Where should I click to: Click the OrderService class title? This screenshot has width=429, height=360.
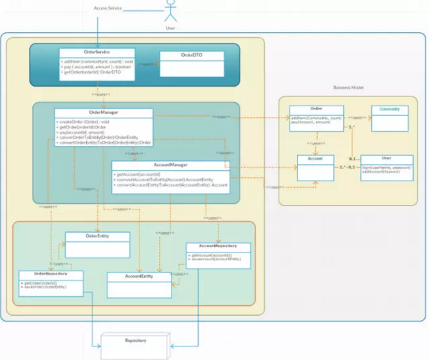click(x=97, y=51)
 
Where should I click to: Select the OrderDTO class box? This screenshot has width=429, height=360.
click(x=191, y=64)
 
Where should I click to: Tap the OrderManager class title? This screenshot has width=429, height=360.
click(x=104, y=113)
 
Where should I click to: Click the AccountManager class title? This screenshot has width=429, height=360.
click(x=170, y=165)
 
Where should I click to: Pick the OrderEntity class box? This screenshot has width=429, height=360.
click(x=97, y=245)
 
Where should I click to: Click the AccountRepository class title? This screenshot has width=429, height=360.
click(x=218, y=246)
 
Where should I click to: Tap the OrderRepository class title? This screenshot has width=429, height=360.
click(x=51, y=274)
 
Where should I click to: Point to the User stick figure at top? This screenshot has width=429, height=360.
click(x=170, y=12)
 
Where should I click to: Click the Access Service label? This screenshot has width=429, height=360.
click(x=108, y=8)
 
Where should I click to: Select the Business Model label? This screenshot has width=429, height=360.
click(x=347, y=87)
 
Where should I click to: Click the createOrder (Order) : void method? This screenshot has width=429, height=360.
click(x=83, y=122)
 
